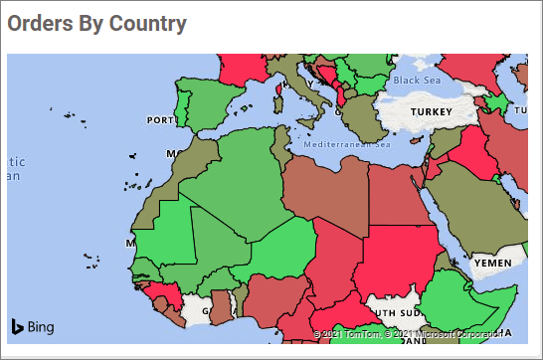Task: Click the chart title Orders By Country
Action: coord(96,24)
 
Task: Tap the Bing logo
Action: coord(33,326)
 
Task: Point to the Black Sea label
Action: coord(416,81)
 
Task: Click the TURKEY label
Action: coord(432,111)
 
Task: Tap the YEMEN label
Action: coord(493,263)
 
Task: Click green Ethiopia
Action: coord(467,298)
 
